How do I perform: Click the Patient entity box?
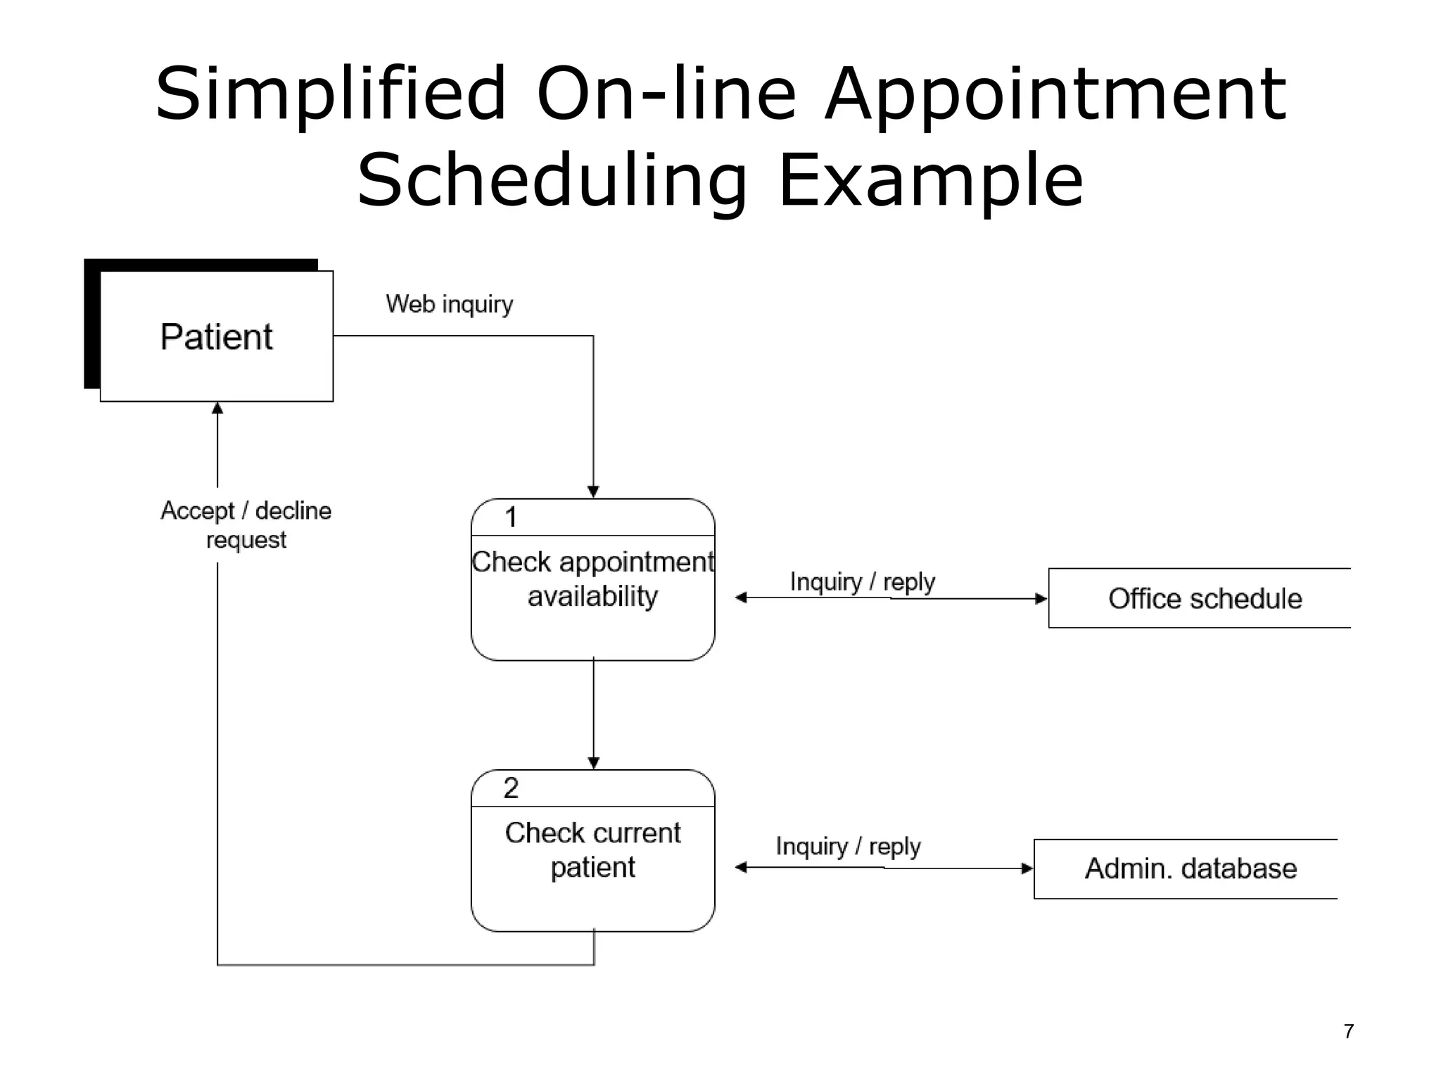[216, 336]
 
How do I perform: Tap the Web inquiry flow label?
[449, 304]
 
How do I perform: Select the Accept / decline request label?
[246, 525]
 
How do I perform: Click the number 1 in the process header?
[511, 517]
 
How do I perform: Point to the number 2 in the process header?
[511, 788]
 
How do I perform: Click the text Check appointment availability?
[592, 579]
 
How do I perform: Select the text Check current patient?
[592, 849]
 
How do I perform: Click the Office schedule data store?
[1205, 598]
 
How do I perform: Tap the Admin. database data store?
[1191, 868]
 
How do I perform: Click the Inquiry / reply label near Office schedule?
[862, 582]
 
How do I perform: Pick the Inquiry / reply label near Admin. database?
[848, 846]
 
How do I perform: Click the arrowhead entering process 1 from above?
[593, 491]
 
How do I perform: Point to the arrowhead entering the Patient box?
[217, 408]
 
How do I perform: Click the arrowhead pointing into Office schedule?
[1041, 599]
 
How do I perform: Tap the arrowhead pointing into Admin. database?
[1027, 868]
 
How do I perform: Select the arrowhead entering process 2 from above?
[593, 762]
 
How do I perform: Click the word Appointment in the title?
[1055, 95]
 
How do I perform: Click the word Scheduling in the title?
[552, 181]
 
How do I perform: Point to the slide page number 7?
[1348, 1031]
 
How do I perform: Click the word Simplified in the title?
[331, 95]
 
